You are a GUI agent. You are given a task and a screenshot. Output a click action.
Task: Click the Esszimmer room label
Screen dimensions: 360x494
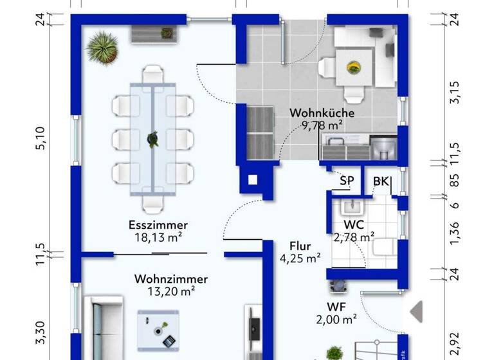(x=158, y=225)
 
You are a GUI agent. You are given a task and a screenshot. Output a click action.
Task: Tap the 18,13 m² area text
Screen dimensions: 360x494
(x=158, y=237)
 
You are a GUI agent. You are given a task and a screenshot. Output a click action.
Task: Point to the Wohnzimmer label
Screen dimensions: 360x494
(x=171, y=279)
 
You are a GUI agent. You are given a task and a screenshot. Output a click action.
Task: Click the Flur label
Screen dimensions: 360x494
(x=300, y=246)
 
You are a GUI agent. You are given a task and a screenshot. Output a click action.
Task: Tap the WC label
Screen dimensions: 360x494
(x=354, y=225)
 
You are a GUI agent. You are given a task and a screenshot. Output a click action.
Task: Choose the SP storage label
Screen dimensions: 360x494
(x=347, y=181)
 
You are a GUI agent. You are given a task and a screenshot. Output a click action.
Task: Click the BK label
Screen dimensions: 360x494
(x=381, y=181)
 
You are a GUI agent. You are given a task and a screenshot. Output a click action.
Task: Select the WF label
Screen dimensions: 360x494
(x=337, y=307)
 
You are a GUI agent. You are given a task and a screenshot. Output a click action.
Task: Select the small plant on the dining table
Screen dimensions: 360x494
(x=153, y=138)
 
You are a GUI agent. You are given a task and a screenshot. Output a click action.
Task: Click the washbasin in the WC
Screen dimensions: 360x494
(x=351, y=207)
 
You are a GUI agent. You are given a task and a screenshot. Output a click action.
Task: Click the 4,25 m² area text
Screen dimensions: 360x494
(x=300, y=259)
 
